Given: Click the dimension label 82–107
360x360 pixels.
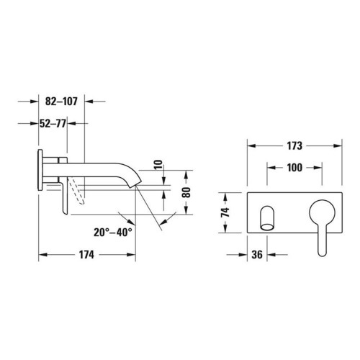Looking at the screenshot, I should click(x=61, y=102).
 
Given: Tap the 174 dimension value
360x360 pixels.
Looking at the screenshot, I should click(x=86, y=256).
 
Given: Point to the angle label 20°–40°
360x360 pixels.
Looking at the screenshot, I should click(x=112, y=232).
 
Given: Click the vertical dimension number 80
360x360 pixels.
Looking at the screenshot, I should click(x=186, y=192).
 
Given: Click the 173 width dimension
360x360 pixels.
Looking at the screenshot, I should click(x=293, y=145).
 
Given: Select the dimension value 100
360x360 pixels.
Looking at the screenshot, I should click(x=293, y=167).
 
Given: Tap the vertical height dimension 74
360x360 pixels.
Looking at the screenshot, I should click(x=225, y=213).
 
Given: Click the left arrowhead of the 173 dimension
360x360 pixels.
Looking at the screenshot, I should click(x=252, y=145).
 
